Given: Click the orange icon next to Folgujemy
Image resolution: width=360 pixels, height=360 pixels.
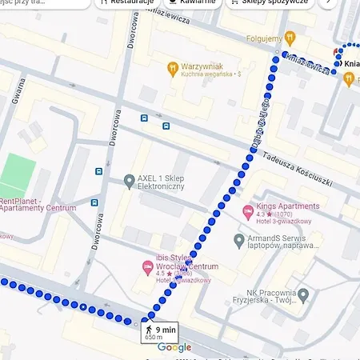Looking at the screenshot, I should [x=291, y=37].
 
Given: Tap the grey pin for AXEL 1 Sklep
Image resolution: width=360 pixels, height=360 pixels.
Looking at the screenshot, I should [x=129, y=182].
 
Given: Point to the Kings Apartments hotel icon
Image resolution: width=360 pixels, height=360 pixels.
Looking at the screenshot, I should [x=247, y=210].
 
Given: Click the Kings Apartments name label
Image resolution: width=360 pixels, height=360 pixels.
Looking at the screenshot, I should [x=287, y=206].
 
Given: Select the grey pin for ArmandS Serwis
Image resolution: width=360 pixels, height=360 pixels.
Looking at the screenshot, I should [x=238, y=240].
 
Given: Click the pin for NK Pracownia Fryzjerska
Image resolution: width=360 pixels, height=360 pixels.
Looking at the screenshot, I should [x=302, y=295].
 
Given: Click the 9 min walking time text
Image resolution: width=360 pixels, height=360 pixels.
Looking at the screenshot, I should [x=166, y=329].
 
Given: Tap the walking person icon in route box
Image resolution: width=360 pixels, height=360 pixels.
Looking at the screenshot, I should [x=149, y=329].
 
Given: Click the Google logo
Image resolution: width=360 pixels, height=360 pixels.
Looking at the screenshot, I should [x=174, y=347].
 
